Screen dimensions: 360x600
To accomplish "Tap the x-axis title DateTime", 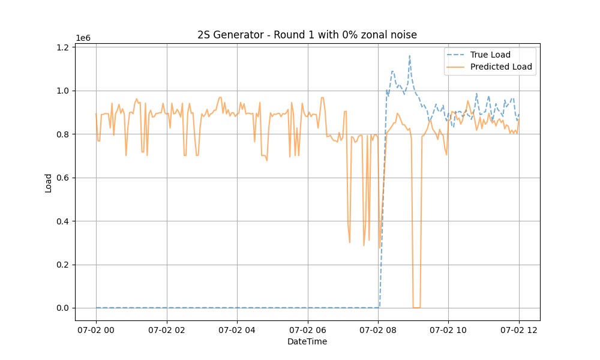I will click(x=307, y=341).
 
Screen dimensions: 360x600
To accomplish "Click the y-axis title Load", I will click(x=49, y=182).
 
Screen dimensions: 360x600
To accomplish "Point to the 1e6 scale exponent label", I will click(x=83, y=38).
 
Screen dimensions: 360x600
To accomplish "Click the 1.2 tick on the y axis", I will click(x=64, y=47).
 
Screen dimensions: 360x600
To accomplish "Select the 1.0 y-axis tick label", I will click(x=64, y=91).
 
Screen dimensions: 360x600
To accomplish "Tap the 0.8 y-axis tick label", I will click(x=64, y=134).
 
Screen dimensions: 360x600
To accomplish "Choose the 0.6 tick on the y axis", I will click(x=64, y=178).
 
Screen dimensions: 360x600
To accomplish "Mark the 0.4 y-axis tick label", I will click(x=64, y=221).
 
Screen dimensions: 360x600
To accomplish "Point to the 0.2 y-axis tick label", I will click(x=64, y=265).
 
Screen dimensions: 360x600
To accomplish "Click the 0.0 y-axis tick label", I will click(x=64, y=308).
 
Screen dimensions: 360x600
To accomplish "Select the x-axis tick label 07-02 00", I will click(x=96, y=329).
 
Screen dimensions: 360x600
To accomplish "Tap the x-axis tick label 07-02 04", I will click(x=237, y=329).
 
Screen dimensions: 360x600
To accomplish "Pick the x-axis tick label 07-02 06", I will click(x=308, y=329).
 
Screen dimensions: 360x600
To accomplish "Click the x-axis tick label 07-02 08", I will click(x=378, y=329).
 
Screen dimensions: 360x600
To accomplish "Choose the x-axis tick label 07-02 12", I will click(x=519, y=329).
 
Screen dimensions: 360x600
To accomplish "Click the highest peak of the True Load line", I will click(x=410, y=56).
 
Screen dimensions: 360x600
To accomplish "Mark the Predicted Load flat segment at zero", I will click(x=416, y=308).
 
